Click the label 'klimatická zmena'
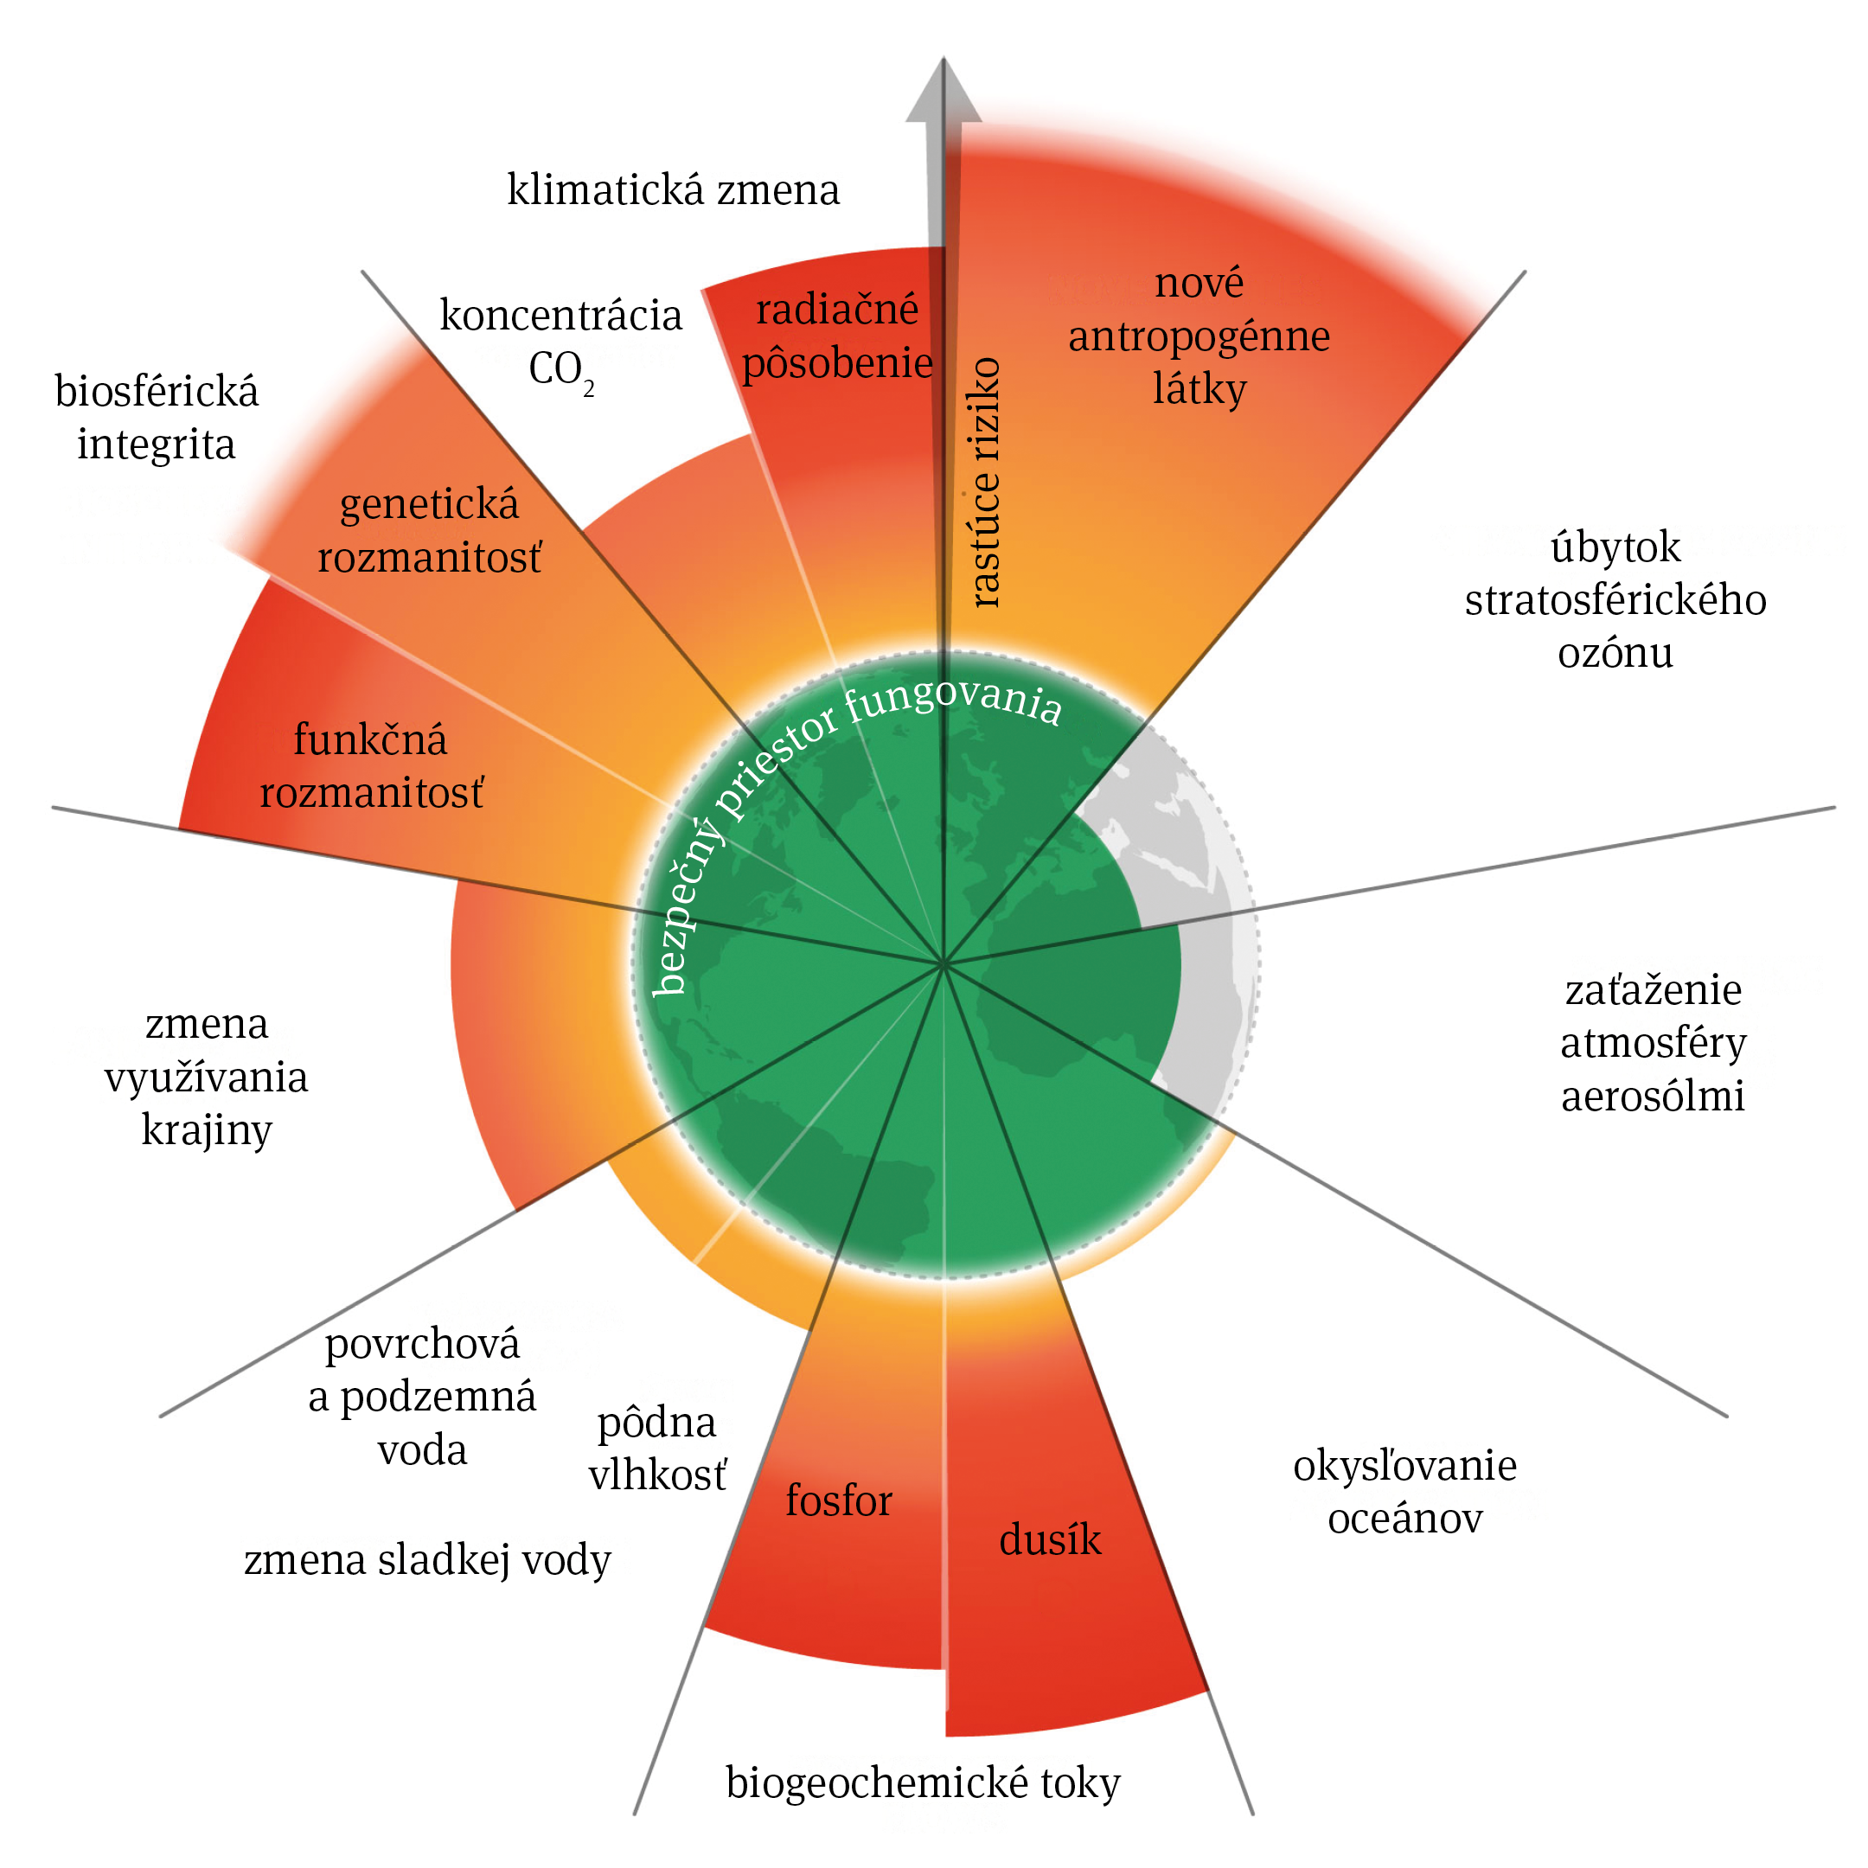point(673,189)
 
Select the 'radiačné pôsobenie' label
point(836,336)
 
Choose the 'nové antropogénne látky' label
point(1199,336)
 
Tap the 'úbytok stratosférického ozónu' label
point(1615,599)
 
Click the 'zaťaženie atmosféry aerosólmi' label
point(1653,1042)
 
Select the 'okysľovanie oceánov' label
point(1404,1491)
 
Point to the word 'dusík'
point(1050,1539)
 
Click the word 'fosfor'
point(838,1500)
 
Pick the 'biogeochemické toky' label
point(923,1782)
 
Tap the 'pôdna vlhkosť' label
point(657,1449)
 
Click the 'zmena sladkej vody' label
point(427,1559)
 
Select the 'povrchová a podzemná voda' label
point(423,1396)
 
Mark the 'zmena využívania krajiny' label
point(206,1076)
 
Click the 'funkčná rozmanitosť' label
point(371,765)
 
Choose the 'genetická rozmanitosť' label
point(429,531)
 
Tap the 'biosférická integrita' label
point(157,418)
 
